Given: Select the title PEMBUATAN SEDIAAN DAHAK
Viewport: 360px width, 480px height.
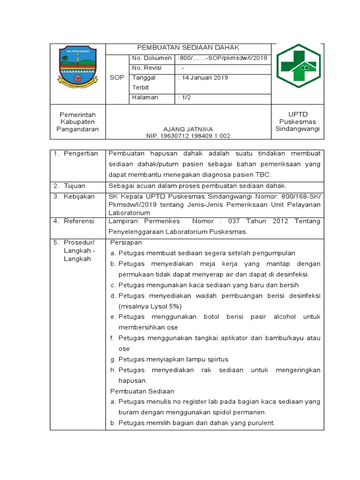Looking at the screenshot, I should click(188, 48).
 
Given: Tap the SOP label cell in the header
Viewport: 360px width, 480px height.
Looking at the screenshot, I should click(117, 78).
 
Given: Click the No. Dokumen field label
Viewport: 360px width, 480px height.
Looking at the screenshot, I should click(152, 58).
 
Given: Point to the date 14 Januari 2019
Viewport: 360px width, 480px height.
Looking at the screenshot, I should click(203, 78).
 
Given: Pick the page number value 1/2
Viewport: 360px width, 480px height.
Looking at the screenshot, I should click(184, 97).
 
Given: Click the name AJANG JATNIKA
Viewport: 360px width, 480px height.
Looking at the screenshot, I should click(188, 129).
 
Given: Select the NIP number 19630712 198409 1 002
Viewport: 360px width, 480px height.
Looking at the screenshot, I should click(188, 136).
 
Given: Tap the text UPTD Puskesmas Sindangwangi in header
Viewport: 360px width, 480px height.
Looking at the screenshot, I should click(297, 122).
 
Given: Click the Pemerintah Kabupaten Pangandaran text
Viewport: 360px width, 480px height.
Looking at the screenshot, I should click(78, 122).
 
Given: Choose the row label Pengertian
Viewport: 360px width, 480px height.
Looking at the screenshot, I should click(81, 154).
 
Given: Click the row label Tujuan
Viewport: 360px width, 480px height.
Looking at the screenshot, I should click(75, 186).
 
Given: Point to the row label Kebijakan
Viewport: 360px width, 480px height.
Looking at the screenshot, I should click(79, 196).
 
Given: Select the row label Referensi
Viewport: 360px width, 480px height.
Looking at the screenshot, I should click(79, 221).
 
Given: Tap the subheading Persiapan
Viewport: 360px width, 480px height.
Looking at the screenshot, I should click(126, 242).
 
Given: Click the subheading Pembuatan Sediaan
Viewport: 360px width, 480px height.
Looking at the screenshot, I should click(142, 391).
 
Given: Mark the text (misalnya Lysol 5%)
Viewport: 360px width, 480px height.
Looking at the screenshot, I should click(150, 306).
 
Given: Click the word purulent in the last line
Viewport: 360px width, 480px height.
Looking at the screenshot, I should click(260, 423).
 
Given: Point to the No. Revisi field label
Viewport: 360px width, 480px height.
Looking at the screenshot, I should click(147, 68).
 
